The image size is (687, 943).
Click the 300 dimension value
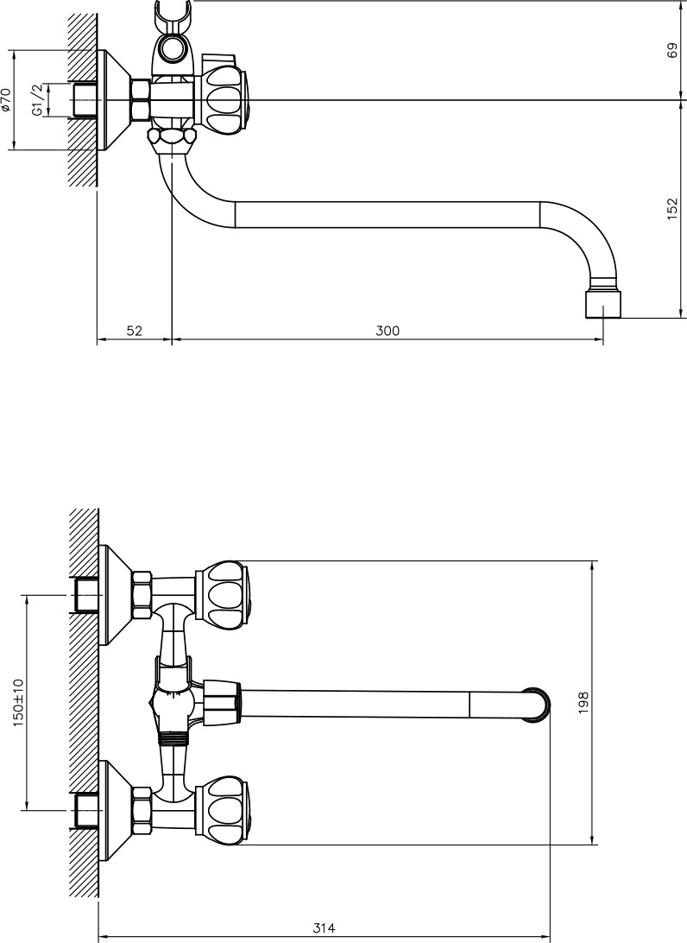coord(387,330)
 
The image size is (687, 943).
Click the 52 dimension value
coord(134,330)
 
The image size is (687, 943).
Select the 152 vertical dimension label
coord(672,209)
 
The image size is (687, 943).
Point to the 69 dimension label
coord(672,50)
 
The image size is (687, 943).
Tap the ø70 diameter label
coord(6,100)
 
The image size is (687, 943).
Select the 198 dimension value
coord(583,702)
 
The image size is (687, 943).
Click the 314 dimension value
coord(324,928)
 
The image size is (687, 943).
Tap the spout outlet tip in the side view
coord(603,304)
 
